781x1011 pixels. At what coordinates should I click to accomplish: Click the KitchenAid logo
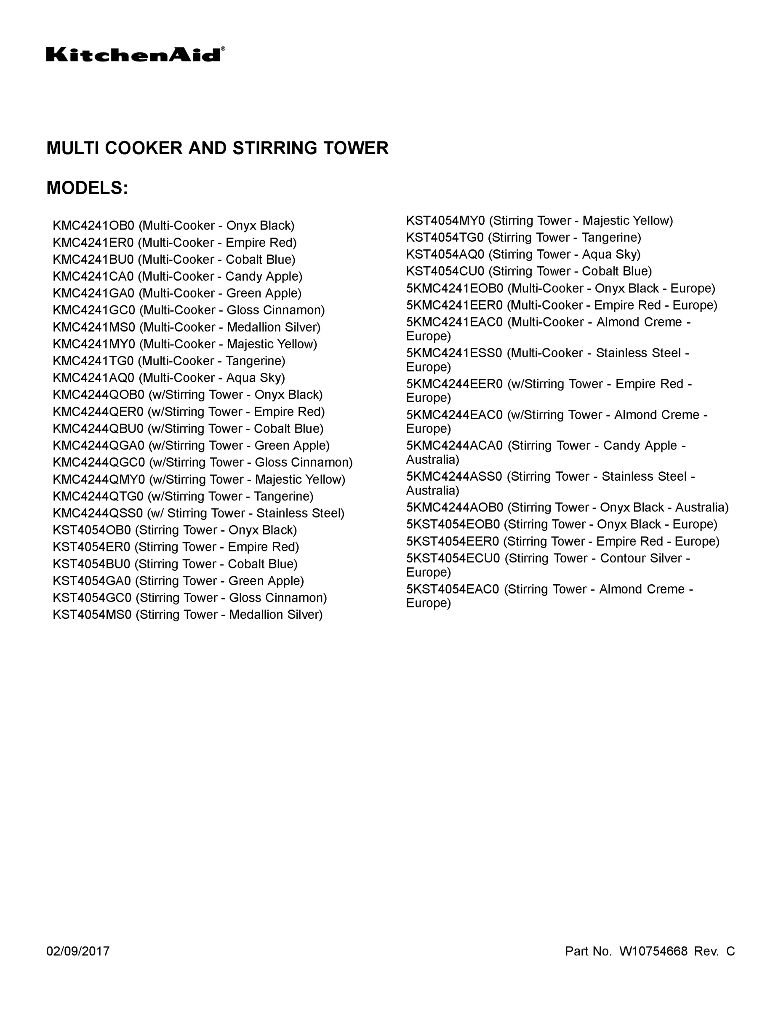136,54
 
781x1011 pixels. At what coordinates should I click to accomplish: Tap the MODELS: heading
87,188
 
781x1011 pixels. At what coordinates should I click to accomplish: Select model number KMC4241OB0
93,226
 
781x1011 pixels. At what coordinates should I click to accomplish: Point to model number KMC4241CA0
93,276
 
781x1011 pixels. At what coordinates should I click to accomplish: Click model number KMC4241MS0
94,327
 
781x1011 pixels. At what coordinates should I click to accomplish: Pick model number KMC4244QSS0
98,514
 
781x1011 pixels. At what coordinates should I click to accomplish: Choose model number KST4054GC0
92,598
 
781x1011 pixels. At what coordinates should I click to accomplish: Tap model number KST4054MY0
445,221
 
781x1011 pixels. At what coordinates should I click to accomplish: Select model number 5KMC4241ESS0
454,353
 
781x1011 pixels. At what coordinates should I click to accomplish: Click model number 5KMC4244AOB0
454,508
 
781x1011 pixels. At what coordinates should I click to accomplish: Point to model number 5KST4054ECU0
453,558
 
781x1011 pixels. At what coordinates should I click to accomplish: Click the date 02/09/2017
78,951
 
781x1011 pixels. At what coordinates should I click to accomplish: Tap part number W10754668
653,951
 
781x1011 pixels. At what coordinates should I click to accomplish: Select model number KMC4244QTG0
98,497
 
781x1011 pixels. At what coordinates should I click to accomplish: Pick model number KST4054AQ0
445,254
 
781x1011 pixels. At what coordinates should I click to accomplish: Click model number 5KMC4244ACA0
454,446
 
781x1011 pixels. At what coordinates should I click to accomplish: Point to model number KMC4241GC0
94,310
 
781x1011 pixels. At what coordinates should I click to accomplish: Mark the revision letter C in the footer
730,951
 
